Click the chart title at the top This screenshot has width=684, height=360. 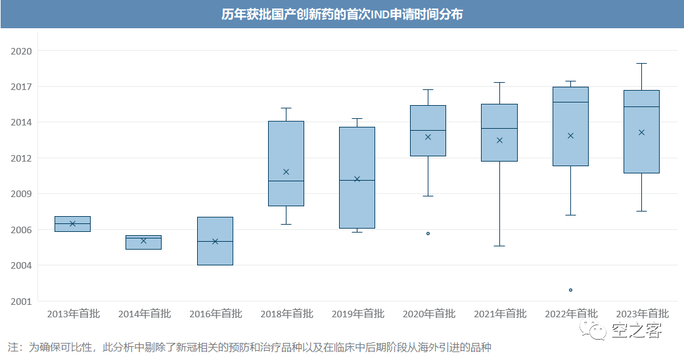[x=342, y=14]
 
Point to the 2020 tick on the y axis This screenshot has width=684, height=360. [x=21, y=51]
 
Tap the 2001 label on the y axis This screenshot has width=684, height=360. [x=21, y=302]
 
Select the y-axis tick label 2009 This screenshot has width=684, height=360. [x=21, y=194]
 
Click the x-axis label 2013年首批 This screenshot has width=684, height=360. [x=73, y=314]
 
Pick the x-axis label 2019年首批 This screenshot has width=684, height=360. [x=357, y=314]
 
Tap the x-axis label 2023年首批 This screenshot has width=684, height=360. [x=641, y=314]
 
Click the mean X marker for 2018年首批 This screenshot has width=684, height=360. [x=286, y=171]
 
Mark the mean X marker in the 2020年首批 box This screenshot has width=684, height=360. [x=428, y=137]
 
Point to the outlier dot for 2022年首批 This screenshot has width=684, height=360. [x=570, y=290]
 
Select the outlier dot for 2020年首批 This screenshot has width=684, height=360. [x=428, y=233]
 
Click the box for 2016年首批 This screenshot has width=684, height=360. [x=215, y=253]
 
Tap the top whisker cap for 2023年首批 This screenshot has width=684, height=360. [x=641, y=63]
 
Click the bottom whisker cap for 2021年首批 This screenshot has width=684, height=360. [x=499, y=246]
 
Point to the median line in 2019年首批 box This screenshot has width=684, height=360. [x=357, y=180]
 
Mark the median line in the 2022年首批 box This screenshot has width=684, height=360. [x=570, y=102]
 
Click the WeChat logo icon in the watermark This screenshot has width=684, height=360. [x=597, y=330]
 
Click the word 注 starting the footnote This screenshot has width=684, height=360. [x=12, y=347]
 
